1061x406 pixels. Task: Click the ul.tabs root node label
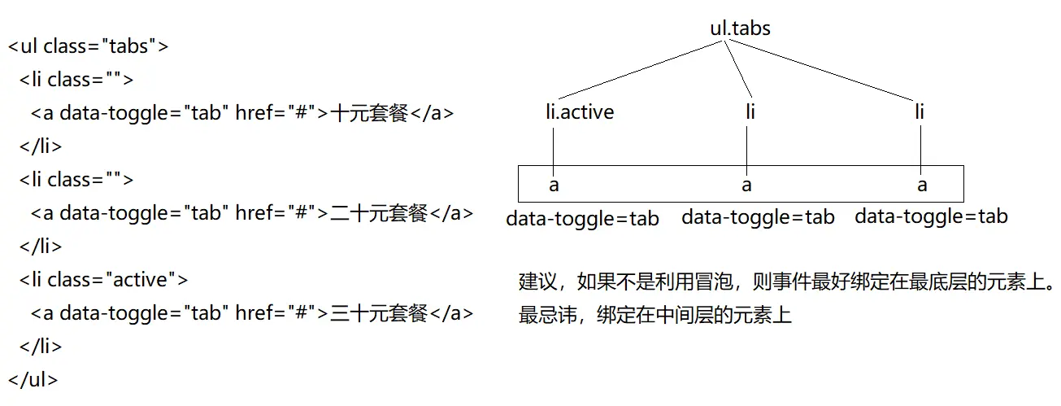tap(740, 29)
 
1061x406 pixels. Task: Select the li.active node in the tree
tap(580, 112)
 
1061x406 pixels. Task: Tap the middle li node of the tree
tap(750, 112)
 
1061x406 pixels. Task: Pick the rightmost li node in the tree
tap(920, 112)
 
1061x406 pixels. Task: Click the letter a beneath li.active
tap(554, 186)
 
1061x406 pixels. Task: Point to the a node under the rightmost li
tap(922, 186)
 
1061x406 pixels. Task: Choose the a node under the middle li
tap(746, 186)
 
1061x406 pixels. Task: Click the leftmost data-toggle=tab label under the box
tap(582, 219)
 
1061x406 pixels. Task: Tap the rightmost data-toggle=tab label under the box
tap(931, 216)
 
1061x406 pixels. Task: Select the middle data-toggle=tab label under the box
tap(758, 216)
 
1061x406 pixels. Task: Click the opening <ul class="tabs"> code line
tap(89, 46)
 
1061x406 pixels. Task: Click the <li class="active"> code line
tap(104, 280)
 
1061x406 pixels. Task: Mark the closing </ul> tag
tap(33, 380)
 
